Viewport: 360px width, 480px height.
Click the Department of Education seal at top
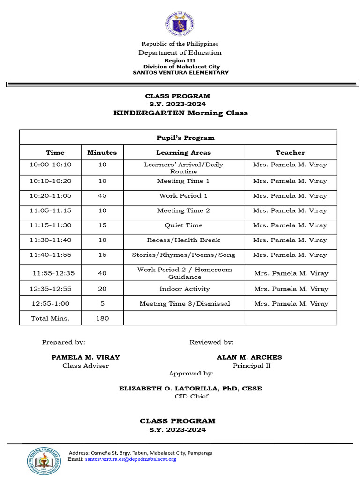point(180,23)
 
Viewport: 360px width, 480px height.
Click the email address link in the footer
point(130,459)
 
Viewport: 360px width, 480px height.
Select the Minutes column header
point(102,152)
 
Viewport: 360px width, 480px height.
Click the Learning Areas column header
point(183,152)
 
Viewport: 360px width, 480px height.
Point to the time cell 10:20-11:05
point(50,196)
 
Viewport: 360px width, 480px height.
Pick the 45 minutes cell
point(102,196)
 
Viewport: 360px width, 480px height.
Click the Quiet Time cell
point(183,225)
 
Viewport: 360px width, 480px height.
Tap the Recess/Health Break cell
point(183,240)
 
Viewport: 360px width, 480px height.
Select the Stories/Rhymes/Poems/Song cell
point(183,255)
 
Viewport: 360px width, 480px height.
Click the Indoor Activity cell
point(184,289)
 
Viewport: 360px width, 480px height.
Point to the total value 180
point(102,318)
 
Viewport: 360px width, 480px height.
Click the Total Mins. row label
point(50,318)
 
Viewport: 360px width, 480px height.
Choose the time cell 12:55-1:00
point(50,304)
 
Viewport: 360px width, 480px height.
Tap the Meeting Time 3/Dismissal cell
point(185,304)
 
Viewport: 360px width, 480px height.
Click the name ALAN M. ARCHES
point(249,357)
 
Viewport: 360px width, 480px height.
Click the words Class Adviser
point(85,366)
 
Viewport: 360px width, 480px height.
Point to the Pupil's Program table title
point(185,138)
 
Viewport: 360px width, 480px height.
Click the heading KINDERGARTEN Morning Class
point(180,113)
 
